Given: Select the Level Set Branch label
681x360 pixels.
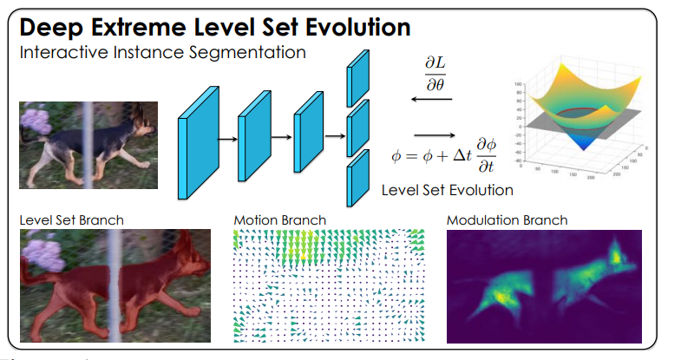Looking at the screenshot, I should (x=71, y=219).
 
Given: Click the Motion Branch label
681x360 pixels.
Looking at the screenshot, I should (x=279, y=219).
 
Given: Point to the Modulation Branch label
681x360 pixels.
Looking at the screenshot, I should (x=507, y=219).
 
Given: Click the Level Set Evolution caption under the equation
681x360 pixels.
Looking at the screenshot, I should (x=447, y=189).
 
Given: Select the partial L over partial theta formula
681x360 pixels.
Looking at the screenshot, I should (x=433, y=75).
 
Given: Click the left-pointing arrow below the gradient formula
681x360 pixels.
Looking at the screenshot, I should (x=431, y=100).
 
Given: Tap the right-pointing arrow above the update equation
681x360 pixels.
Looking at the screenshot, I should (x=434, y=134).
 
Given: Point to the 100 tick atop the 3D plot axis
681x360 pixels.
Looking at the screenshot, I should (x=518, y=86).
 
